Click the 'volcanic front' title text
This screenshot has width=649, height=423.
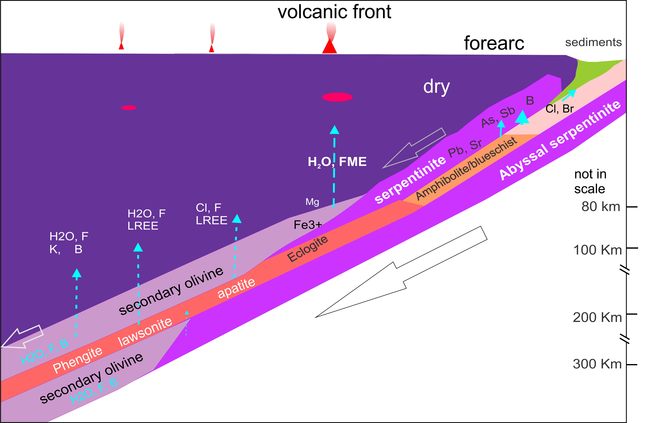pyautogui.click(x=334, y=12)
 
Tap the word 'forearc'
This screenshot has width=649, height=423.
pyautogui.click(x=494, y=43)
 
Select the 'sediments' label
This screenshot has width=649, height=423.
pyautogui.click(x=593, y=42)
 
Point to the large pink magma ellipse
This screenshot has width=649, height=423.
pyautogui.click(x=337, y=97)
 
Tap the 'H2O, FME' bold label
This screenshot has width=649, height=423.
pyautogui.click(x=337, y=162)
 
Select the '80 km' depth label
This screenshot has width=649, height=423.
pyautogui.click(x=601, y=206)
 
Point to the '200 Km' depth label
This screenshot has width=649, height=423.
pyautogui.click(x=597, y=317)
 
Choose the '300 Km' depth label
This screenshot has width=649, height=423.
pyautogui.click(x=597, y=364)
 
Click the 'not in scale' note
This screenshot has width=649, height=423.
pyautogui.click(x=590, y=181)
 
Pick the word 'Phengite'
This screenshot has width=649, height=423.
pyautogui.click(x=78, y=360)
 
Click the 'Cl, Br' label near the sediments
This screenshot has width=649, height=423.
pyautogui.click(x=560, y=109)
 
